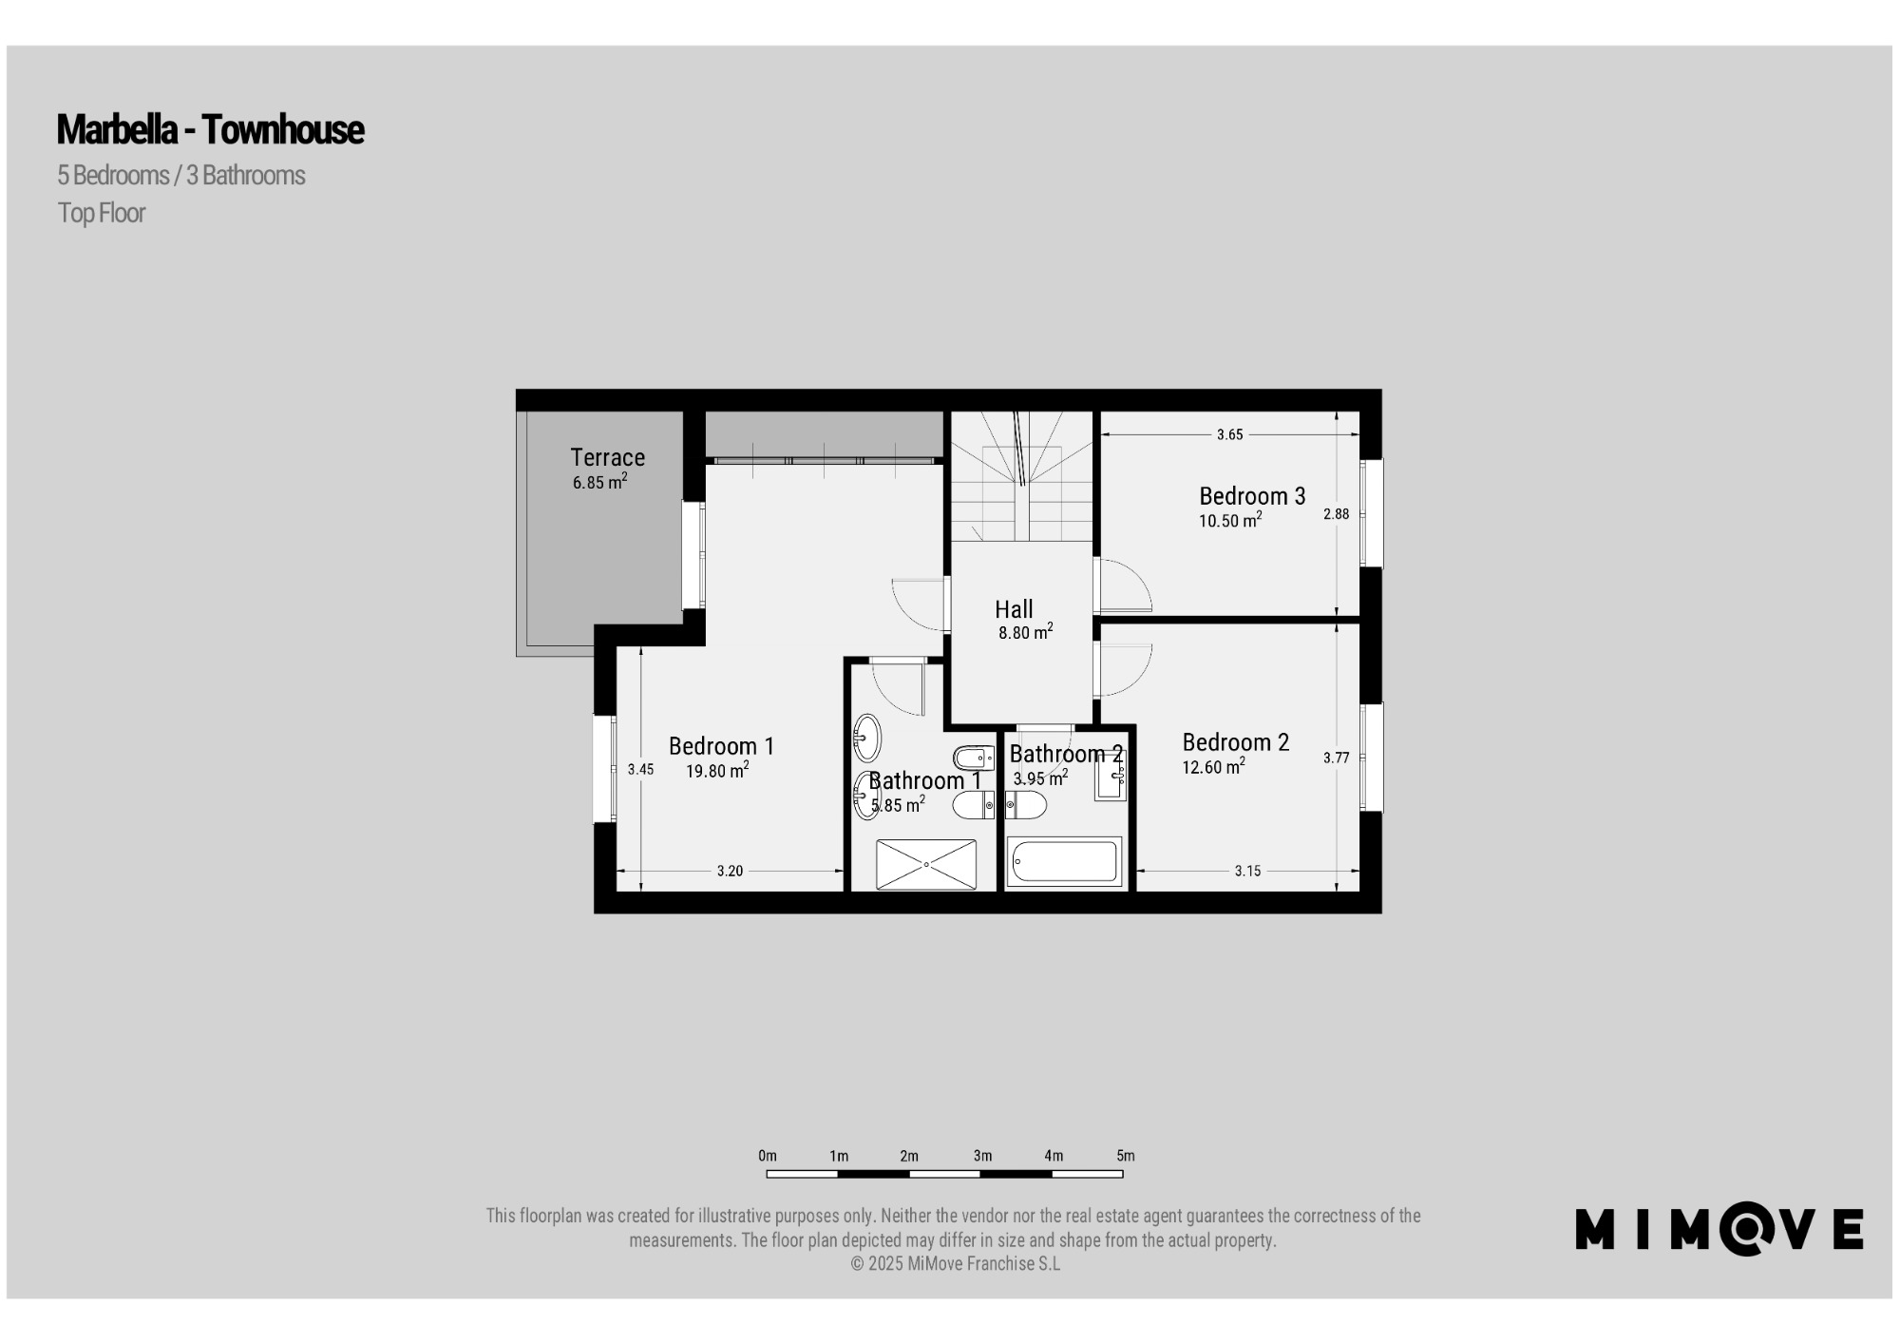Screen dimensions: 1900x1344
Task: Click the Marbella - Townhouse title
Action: point(210,129)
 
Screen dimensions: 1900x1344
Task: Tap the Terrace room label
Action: point(607,457)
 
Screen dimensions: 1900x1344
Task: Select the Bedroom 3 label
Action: point(1252,495)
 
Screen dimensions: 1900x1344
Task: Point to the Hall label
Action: point(1014,609)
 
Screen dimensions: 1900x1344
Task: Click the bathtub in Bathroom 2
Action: point(1064,861)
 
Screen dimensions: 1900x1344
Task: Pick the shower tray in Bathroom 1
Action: point(925,864)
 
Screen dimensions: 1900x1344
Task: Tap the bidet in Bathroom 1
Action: point(974,758)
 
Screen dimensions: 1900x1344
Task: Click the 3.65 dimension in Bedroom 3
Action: point(1229,434)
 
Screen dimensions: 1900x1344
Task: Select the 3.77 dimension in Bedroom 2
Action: point(1336,758)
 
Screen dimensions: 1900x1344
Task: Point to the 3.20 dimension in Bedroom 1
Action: point(730,871)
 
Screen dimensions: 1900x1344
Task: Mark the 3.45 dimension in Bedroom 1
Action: point(640,770)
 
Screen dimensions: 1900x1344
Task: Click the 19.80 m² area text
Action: point(717,770)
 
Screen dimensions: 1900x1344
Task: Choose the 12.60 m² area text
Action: point(1213,766)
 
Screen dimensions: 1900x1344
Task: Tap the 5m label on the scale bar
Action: point(1125,1156)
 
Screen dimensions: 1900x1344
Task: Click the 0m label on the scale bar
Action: point(768,1156)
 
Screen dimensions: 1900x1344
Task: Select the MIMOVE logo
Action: point(1719,1229)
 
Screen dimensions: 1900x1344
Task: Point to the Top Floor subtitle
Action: point(101,213)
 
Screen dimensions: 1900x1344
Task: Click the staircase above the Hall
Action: point(1022,476)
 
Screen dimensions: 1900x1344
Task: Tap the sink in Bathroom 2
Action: point(1110,779)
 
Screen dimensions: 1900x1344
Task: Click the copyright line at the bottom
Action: point(955,1264)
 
